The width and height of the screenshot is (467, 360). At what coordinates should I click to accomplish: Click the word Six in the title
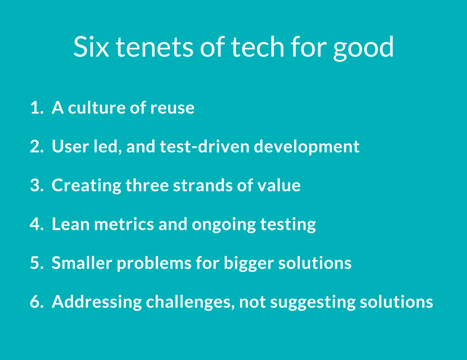[x=91, y=46]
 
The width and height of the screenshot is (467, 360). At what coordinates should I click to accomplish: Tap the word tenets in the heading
[x=155, y=47]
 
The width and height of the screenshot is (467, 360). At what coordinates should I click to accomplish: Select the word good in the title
[x=363, y=49]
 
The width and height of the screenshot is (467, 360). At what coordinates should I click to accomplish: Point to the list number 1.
[x=37, y=108]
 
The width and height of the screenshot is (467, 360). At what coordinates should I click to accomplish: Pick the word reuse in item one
[x=172, y=108]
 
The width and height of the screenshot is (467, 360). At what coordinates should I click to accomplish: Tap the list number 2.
[x=37, y=146]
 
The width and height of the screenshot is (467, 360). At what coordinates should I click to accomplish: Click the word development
[x=306, y=148]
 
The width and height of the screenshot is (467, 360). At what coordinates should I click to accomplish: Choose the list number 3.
[x=37, y=185]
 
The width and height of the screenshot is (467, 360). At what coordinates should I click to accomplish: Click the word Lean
[x=71, y=224]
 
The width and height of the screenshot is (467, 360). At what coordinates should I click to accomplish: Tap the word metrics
[x=124, y=224]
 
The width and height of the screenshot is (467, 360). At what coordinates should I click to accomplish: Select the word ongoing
[x=224, y=225]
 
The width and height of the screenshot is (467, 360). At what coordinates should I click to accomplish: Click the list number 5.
[x=37, y=263]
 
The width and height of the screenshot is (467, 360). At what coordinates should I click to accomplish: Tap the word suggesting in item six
[x=313, y=303]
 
